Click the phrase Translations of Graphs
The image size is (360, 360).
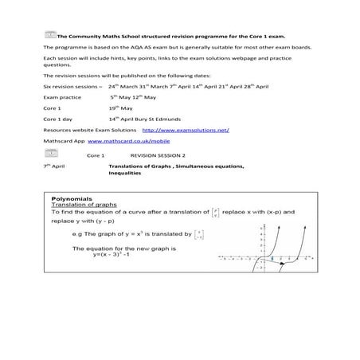(140, 166)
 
